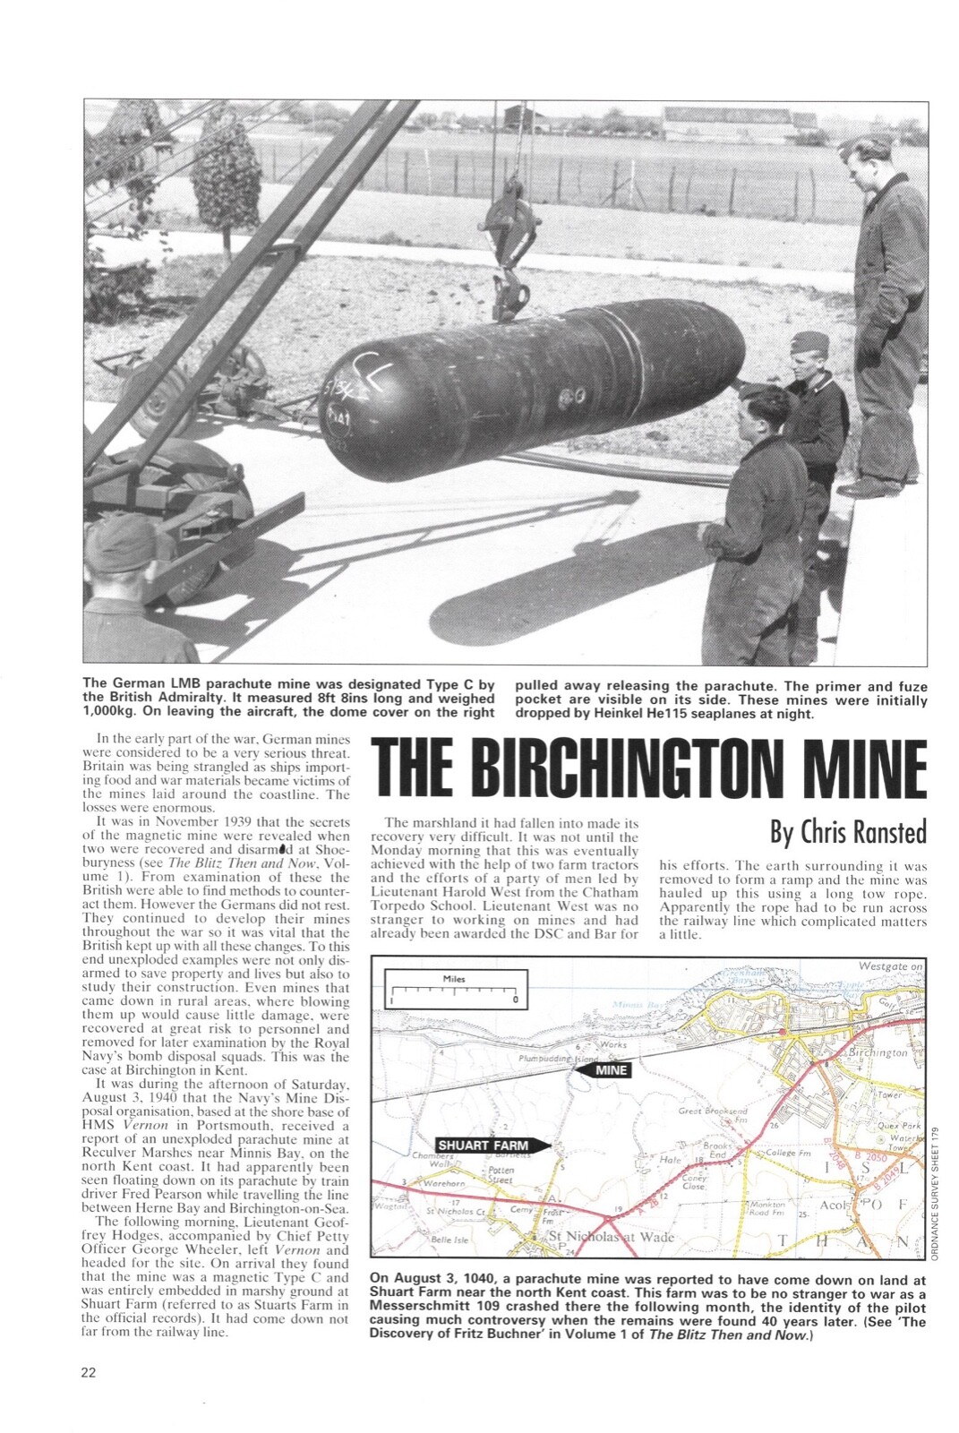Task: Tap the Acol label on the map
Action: (835, 1205)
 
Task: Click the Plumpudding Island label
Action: (557, 1058)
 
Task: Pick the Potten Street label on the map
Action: (501, 1175)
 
